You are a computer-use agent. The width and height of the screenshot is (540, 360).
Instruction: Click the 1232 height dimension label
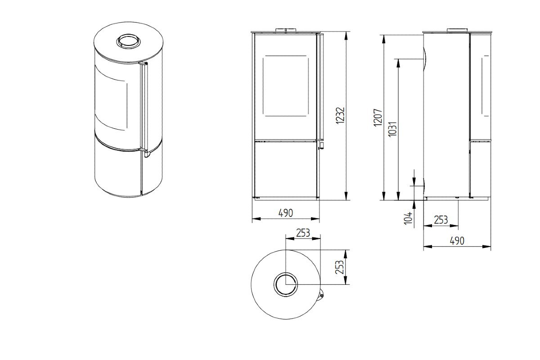click(340, 116)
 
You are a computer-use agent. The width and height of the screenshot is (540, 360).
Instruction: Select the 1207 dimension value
click(378, 118)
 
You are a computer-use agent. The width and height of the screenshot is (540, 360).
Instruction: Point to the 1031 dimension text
click(393, 129)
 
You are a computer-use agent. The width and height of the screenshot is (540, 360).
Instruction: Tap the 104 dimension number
click(408, 218)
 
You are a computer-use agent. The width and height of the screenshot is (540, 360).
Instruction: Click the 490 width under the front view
click(286, 213)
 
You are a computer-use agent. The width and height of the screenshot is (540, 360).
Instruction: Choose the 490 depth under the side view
click(457, 241)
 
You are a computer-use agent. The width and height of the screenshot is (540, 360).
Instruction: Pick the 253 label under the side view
click(441, 220)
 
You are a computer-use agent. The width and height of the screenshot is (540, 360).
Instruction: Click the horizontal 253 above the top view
click(303, 233)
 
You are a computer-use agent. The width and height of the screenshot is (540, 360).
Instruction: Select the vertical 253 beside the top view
click(339, 267)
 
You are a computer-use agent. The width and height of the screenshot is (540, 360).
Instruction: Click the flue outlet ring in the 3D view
click(128, 41)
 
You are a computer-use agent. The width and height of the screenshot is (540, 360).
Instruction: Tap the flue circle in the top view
click(286, 284)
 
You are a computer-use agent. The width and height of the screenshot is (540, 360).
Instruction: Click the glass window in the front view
click(286, 86)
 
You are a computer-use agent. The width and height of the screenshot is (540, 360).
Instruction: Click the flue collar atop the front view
click(286, 30)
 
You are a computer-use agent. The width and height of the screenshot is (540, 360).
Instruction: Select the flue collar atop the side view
click(457, 30)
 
